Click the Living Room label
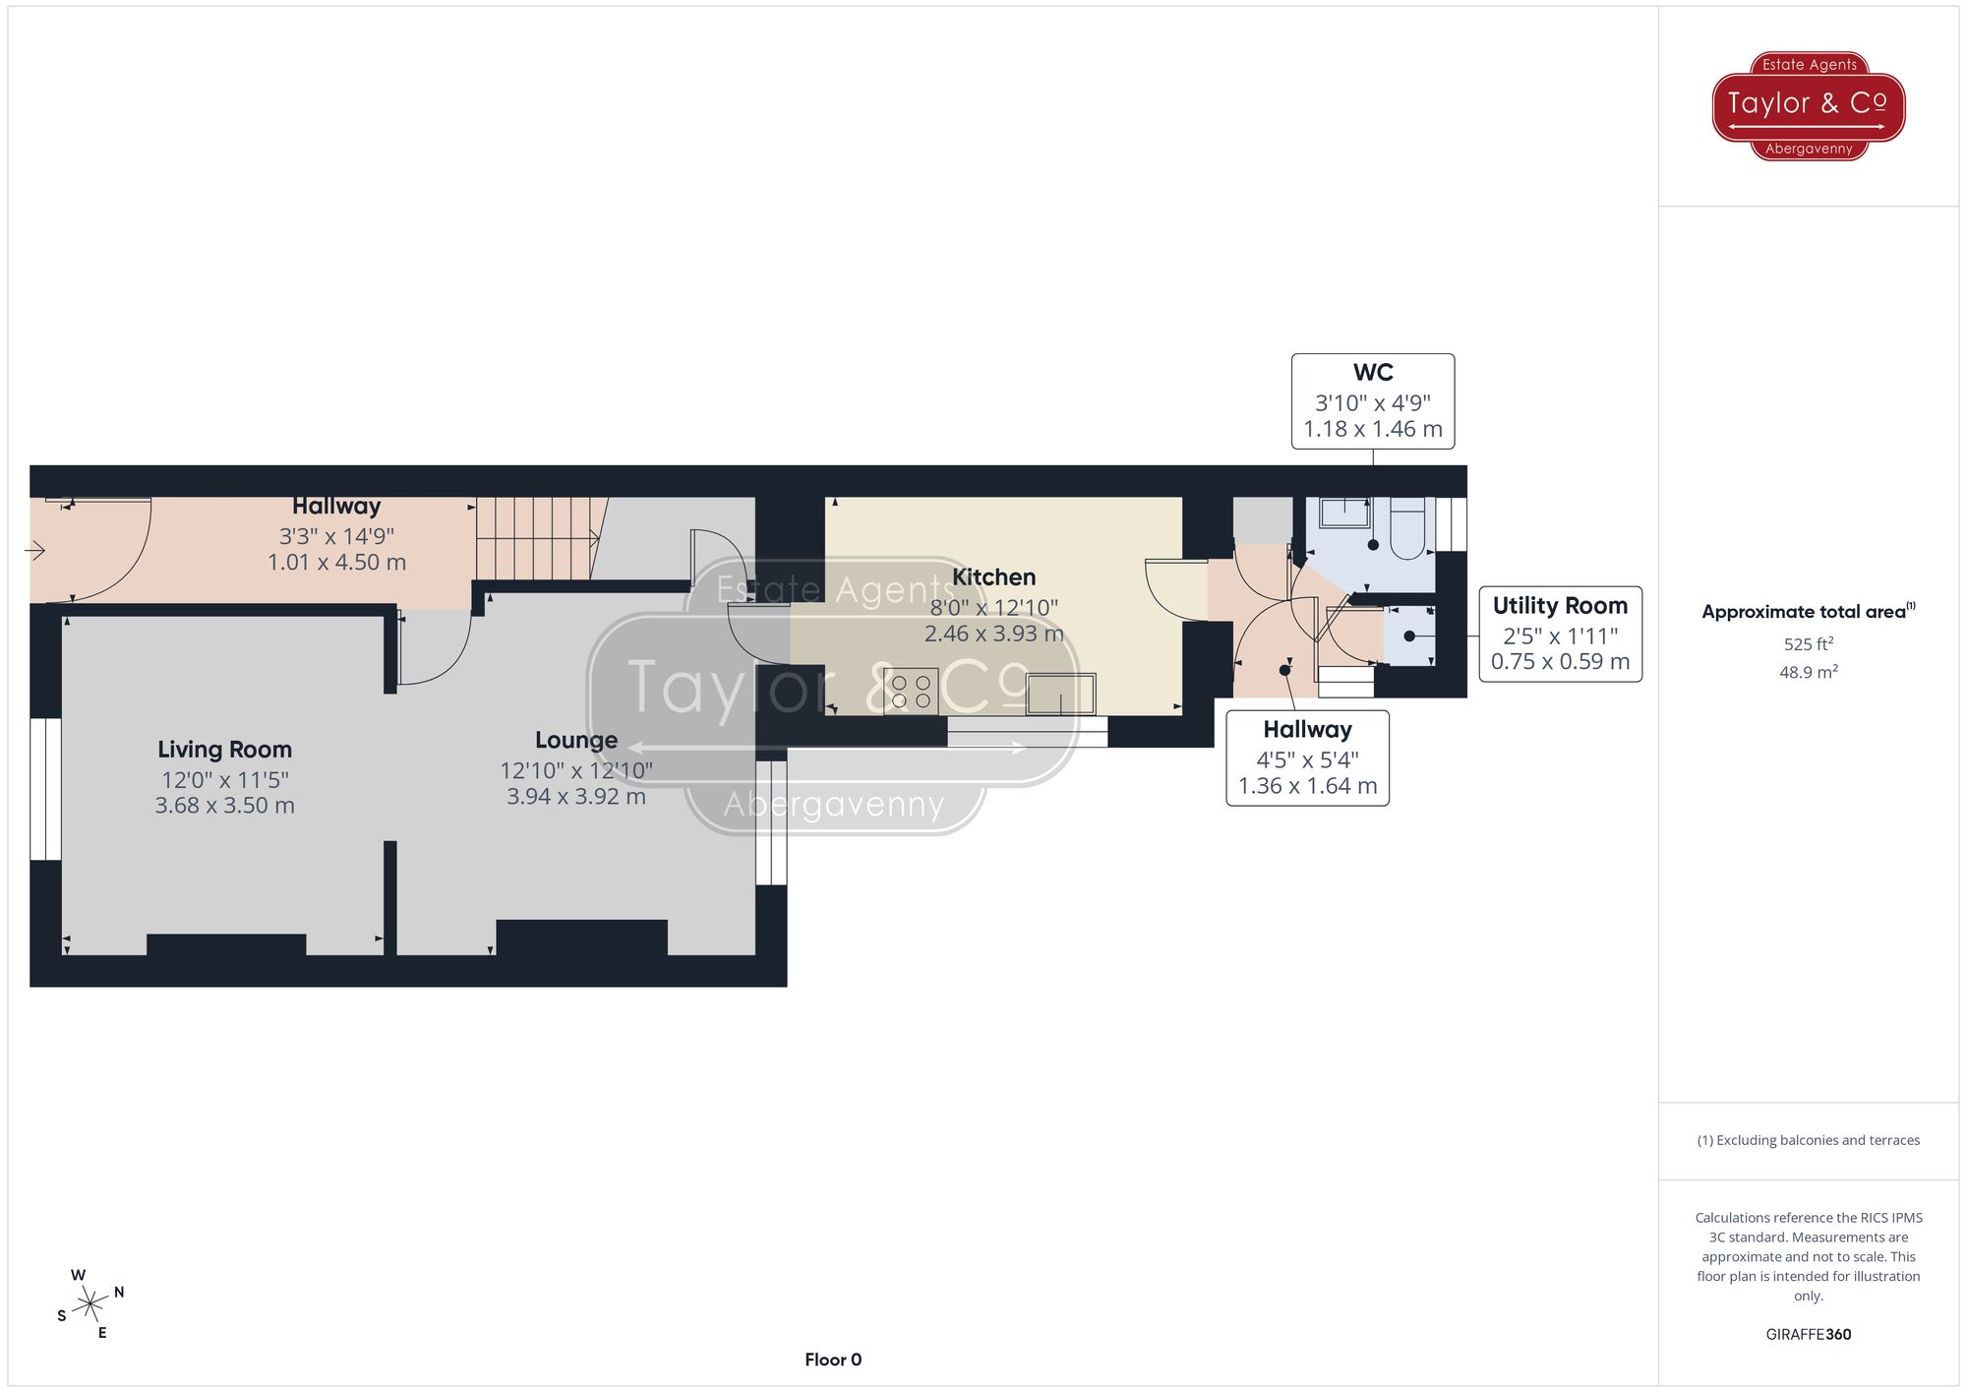tap(224, 750)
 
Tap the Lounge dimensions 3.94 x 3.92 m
tap(575, 797)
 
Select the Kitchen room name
tap(993, 577)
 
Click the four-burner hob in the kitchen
tap(911, 691)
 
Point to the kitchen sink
tap(1060, 694)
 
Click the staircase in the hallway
tap(536, 538)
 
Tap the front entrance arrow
tap(35, 551)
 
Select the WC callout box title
tap(1372, 373)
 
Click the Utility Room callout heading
tap(1560, 606)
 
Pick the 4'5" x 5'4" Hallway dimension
tap(1307, 759)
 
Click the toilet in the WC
tap(1408, 528)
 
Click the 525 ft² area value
tap(1808, 644)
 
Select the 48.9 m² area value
tap(1808, 672)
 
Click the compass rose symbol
tap(90, 1304)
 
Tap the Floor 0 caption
tap(832, 1360)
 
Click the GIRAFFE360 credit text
tap(1808, 1335)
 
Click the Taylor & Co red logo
tap(1808, 105)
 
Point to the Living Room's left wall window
tap(45, 789)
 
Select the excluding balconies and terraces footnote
tap(1808, 1140)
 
